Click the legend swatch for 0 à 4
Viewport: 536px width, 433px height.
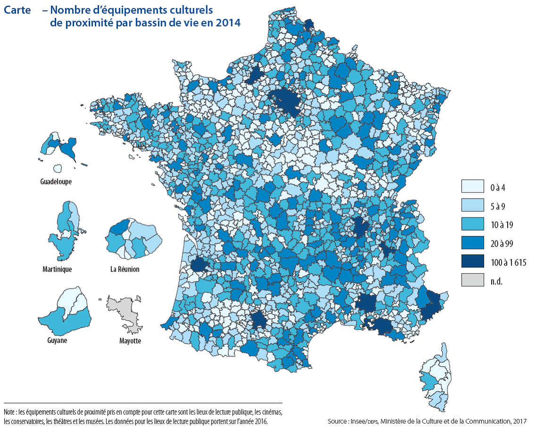473,187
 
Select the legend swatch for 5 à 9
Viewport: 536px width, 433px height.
473,206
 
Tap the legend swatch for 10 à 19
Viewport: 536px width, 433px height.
473,224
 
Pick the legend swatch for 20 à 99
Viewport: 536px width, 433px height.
473,243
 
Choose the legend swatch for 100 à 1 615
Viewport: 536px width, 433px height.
473,262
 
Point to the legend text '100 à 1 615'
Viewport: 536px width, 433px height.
508,262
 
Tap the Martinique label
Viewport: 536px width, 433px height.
57,269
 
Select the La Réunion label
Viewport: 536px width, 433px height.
125,269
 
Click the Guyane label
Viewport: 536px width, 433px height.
57,341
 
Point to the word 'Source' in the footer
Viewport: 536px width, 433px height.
338,421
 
